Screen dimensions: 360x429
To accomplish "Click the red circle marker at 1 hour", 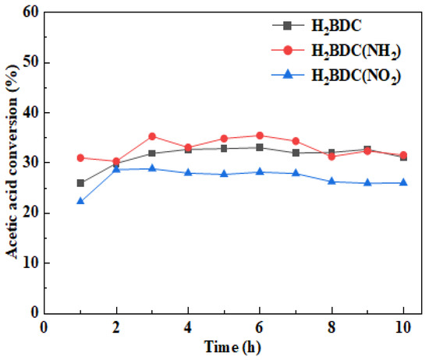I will [81, 157].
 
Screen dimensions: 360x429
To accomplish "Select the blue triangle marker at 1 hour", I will [81, 201].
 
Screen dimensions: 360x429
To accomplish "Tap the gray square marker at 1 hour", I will [81, 183].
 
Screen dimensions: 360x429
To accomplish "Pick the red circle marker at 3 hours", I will [152, 136].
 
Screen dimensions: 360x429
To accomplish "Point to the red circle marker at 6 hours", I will [260, 136].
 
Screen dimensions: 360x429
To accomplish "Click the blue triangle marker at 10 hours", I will [403, 182].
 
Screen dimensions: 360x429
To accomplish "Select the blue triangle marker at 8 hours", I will [331, 182].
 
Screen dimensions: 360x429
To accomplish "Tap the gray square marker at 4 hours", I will [188, 150].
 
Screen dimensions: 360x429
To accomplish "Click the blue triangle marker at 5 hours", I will [224, 174].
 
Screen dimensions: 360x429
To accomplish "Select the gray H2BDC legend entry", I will [328, 25].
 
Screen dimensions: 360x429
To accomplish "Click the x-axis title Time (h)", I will [224, 345].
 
